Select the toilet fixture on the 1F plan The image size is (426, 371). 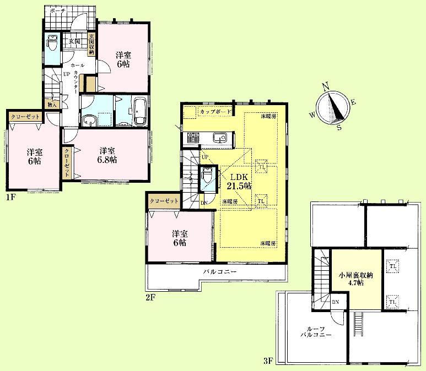[52, 41]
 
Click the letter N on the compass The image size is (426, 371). [326, 85]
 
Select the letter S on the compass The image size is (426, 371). [339, 128]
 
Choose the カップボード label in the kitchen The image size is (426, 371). [214, 111]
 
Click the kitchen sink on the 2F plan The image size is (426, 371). [220, 138]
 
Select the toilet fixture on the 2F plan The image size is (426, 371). [206, 176]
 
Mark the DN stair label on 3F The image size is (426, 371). [336, 302]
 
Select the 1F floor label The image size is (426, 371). [9, 197]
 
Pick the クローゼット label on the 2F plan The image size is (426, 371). [164, 200]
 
